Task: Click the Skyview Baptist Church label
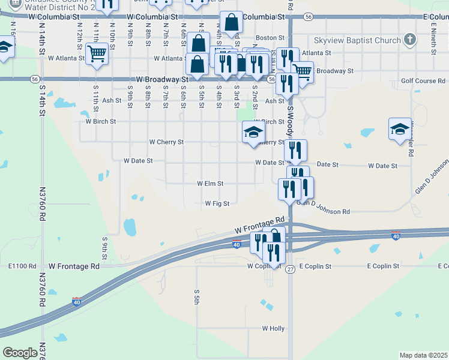pyautogui.click(x=357, y=41)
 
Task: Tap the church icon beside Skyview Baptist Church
pyautogui.click(x=410, y=40)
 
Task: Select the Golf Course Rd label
pyautogui.click(x=423, y=81)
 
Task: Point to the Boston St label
pyautogui.click(x=270, y=38)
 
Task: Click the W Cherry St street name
pyautogui.click(x=166, y=143)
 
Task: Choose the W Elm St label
pyautogui.click(x=210, y=184)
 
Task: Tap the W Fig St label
pyautogui.click(x=217, y=204)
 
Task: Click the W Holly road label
pyautogui.click(x=273, y=329)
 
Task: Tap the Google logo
pyautogui.click(x=20, y=353)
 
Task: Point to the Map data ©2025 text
pyautogui.click(x=423, y=355)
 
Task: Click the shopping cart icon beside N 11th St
pyautogui.click(x=96, y=54)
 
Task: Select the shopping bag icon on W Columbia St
pyautogui.click(x=231, y=23)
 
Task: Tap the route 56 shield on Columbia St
pyautogui.click(x=308, y=17)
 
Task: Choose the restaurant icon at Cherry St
pyautogui.click(x=295, y=150)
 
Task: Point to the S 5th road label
pyautogui.click(x=196, y=296)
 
